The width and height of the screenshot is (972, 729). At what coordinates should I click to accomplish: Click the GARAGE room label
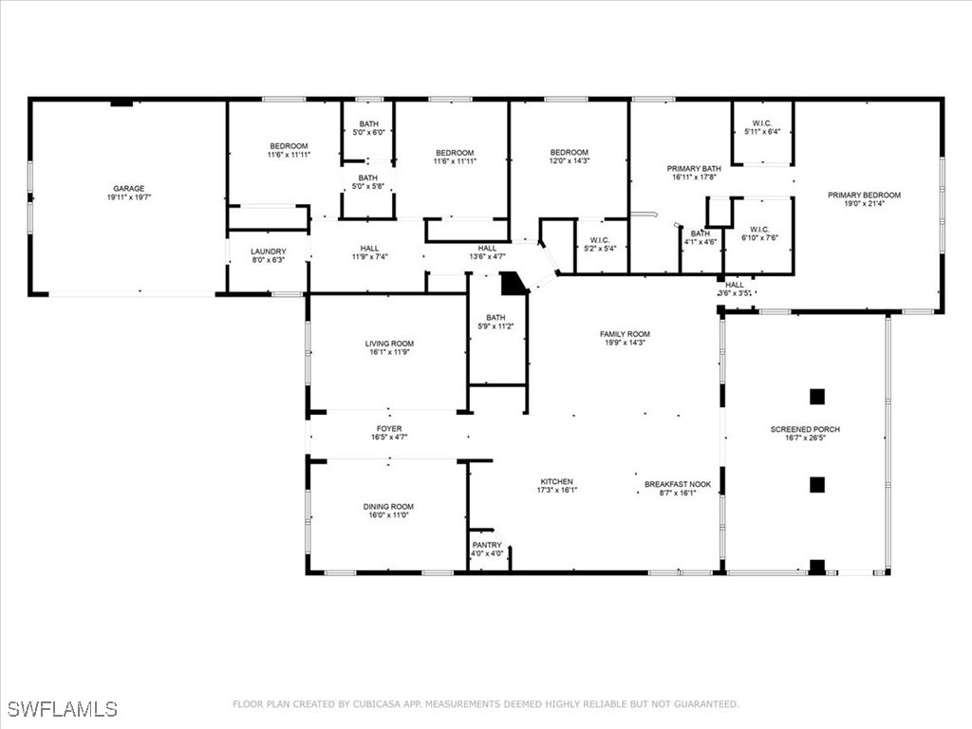coord(129,189)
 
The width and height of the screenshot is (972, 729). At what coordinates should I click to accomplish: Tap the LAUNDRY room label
coord(268,252)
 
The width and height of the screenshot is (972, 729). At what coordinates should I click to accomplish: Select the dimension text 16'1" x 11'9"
coord(389,352)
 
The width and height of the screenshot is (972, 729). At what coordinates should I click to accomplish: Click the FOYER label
coord(389,429)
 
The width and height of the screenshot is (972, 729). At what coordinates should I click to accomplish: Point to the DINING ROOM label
coord(389,507)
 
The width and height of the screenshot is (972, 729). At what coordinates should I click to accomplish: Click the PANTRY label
coord(487,545)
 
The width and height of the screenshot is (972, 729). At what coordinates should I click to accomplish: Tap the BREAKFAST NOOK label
coord(678,484)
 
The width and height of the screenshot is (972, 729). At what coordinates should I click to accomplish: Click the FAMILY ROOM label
coord(625,334)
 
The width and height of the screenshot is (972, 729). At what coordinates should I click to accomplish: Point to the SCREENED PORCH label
coord(805,429)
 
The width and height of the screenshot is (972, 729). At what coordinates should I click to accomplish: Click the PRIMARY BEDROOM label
coord(864,196)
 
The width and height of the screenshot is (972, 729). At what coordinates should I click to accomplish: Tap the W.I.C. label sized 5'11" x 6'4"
coord(761,123)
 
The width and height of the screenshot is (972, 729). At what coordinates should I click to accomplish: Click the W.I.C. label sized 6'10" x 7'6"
coord(759,229)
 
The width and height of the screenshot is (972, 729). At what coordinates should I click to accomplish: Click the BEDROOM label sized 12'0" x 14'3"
coord(570,153)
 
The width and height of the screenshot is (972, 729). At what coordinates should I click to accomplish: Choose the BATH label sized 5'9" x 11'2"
coord(495,318)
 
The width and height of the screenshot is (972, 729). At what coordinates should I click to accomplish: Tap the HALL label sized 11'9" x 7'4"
coord(370,249)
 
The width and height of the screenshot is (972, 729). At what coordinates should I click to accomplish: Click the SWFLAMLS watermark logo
coord(62,709)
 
